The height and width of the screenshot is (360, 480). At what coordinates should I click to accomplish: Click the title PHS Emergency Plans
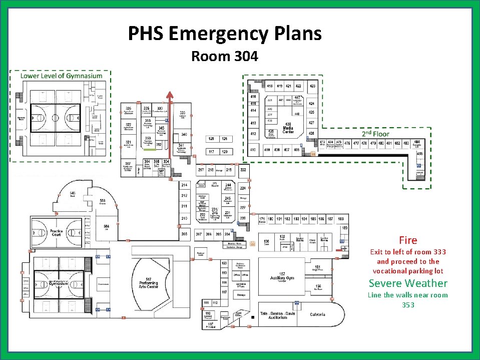coord(225,34)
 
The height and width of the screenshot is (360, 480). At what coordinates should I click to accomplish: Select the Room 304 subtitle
coord(225,57)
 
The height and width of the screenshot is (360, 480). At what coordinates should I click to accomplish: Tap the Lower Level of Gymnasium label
coord(61,76)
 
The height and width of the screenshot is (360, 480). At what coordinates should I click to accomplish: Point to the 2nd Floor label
coord(375,134)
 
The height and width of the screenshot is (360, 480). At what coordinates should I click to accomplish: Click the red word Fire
coord(408,240)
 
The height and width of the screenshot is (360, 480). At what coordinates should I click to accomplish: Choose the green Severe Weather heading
coord(408,283)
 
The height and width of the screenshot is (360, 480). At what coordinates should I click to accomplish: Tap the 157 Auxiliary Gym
coord(282,276)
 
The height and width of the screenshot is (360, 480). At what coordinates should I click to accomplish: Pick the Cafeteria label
coord(317,314)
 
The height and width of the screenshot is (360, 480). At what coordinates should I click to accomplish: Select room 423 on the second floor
coord(312,86)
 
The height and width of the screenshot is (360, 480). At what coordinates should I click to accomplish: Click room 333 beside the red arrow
coord(183,113)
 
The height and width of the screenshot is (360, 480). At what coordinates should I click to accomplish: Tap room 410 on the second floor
coord(253,150)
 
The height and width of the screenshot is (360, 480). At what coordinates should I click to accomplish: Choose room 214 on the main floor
coord(184,185)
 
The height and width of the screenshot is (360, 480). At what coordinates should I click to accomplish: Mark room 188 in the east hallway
coord(341,219)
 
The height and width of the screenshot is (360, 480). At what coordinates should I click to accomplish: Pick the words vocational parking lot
coord(408,271)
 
